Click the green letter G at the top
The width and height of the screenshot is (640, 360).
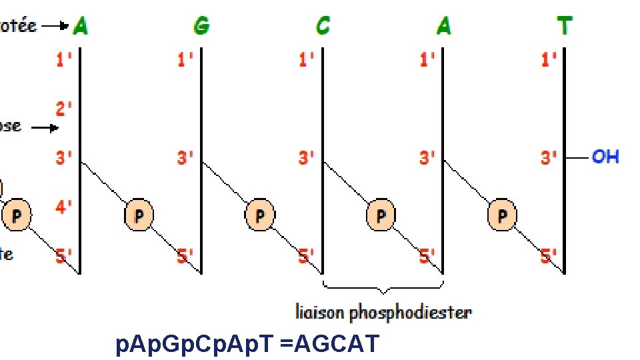[201, 26]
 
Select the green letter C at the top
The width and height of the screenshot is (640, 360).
[323, 26]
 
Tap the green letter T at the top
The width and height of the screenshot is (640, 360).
[564, 26]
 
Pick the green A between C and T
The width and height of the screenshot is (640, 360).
[444, 26]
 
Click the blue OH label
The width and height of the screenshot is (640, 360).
[605, 157]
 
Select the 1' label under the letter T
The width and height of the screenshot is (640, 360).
[549, 60]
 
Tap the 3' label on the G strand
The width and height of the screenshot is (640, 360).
[185, 158]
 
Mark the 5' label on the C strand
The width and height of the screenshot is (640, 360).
[307, 255]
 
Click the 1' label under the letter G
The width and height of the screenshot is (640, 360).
[185, 60]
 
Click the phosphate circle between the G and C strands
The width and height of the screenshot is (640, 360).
[259, 215]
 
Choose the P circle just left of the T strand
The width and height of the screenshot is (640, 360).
[502, 215]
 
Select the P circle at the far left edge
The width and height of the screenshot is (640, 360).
[17, 215]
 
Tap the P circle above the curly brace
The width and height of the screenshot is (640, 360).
[381, 215]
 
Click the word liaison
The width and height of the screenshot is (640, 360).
[321, 311]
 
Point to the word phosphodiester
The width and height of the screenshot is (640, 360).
[411, 311]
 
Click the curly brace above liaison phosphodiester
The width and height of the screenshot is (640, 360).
[383, 287]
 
